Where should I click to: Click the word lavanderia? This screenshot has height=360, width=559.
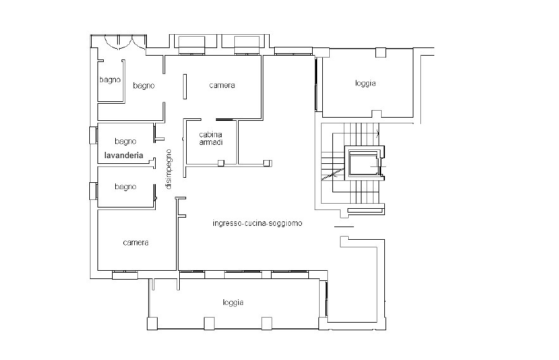point(123,156)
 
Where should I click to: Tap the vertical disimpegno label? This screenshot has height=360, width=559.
point(168,169)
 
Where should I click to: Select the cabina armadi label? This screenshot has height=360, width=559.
point(211,139)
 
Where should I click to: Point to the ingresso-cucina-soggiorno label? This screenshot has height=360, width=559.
point(258,223)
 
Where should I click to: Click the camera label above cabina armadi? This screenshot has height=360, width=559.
point(222,85)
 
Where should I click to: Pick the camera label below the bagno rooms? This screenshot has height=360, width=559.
point(135,243)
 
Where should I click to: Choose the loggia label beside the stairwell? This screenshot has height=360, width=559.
point(365,84)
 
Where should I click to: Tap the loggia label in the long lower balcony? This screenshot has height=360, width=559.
point(233,302)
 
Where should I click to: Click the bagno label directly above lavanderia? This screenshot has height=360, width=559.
point(125,142)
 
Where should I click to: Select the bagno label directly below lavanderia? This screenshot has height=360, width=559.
point(125,187)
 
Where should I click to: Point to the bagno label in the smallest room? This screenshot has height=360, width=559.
point(110,80)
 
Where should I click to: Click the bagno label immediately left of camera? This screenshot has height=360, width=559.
point(144,85)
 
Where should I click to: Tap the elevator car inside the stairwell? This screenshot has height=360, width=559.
point(363,163)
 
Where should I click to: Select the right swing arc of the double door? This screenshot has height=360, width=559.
point(138,42)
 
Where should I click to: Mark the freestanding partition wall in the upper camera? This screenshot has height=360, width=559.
point(185,86)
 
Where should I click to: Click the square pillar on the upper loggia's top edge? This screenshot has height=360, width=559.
point(380,53)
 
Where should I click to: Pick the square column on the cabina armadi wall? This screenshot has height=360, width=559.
point(221,163)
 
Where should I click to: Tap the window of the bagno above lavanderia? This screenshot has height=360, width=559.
point(93,135)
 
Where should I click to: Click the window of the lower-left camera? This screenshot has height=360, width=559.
point(125,275)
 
